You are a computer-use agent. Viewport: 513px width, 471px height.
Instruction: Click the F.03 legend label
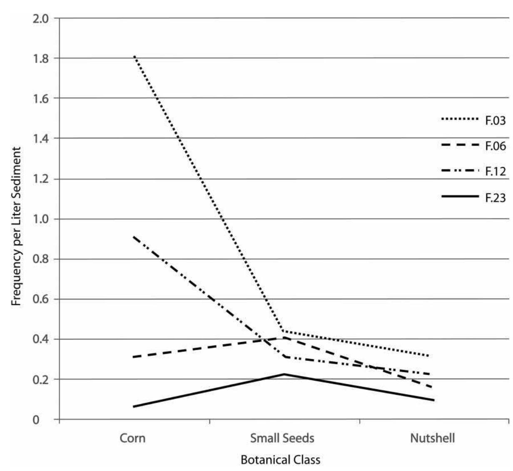coord(495,121)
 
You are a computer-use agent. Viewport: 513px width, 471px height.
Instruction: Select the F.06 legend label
coord(495,146)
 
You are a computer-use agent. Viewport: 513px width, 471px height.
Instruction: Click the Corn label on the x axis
coord(132,438)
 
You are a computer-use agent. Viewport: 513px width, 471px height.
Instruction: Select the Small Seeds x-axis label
coord(282,438)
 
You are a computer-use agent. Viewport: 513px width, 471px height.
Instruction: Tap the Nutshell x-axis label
coord(432,438)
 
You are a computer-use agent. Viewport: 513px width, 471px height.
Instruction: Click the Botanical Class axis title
coord(280,460)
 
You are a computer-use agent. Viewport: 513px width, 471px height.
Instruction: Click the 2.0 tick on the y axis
coord(41,18)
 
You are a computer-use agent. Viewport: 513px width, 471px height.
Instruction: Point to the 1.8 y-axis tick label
coord(41,58)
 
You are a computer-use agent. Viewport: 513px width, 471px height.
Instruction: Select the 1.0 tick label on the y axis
coord(41,219)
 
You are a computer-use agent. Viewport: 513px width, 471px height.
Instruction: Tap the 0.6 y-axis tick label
coord(41,299)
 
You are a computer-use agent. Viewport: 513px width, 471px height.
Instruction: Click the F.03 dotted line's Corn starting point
coord(134,56)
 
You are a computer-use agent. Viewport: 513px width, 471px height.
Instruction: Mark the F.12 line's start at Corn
coord(133,237)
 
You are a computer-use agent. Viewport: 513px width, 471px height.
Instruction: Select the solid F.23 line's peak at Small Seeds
coord(284,374)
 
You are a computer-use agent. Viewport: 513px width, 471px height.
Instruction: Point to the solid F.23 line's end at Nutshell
coord(433,400)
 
